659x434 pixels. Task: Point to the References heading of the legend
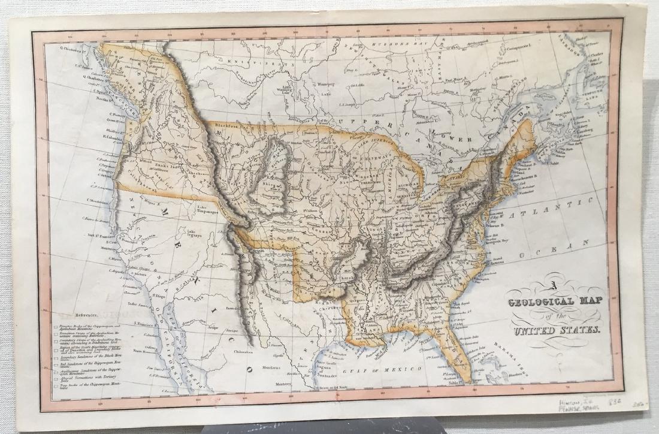pyautogui.click(x=86, y=314)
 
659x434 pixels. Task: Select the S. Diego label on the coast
pyautogui.click(x=159, y=296)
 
